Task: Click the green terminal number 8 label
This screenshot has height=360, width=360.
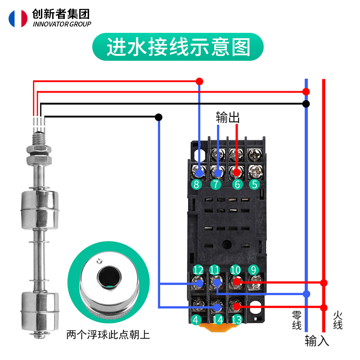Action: (196, 184)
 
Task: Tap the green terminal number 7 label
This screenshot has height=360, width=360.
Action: (216, 184)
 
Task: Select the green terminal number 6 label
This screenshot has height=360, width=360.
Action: (237, 184)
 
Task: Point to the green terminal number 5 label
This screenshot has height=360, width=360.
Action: (255, 184)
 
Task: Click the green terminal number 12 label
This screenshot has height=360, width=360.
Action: (198, 270)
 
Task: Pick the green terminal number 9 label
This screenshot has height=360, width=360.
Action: (253, 270)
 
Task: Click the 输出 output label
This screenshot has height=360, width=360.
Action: (227, 117)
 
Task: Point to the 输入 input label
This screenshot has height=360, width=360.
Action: (317, 341)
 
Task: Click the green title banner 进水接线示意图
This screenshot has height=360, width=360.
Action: (178, 46)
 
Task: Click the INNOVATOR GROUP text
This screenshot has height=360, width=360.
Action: (62, 24)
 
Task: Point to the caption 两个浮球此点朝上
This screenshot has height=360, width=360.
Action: (108, 335)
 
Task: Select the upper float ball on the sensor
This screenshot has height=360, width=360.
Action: (38, 210)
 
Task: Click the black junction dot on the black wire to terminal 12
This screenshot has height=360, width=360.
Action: (159, 117)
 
